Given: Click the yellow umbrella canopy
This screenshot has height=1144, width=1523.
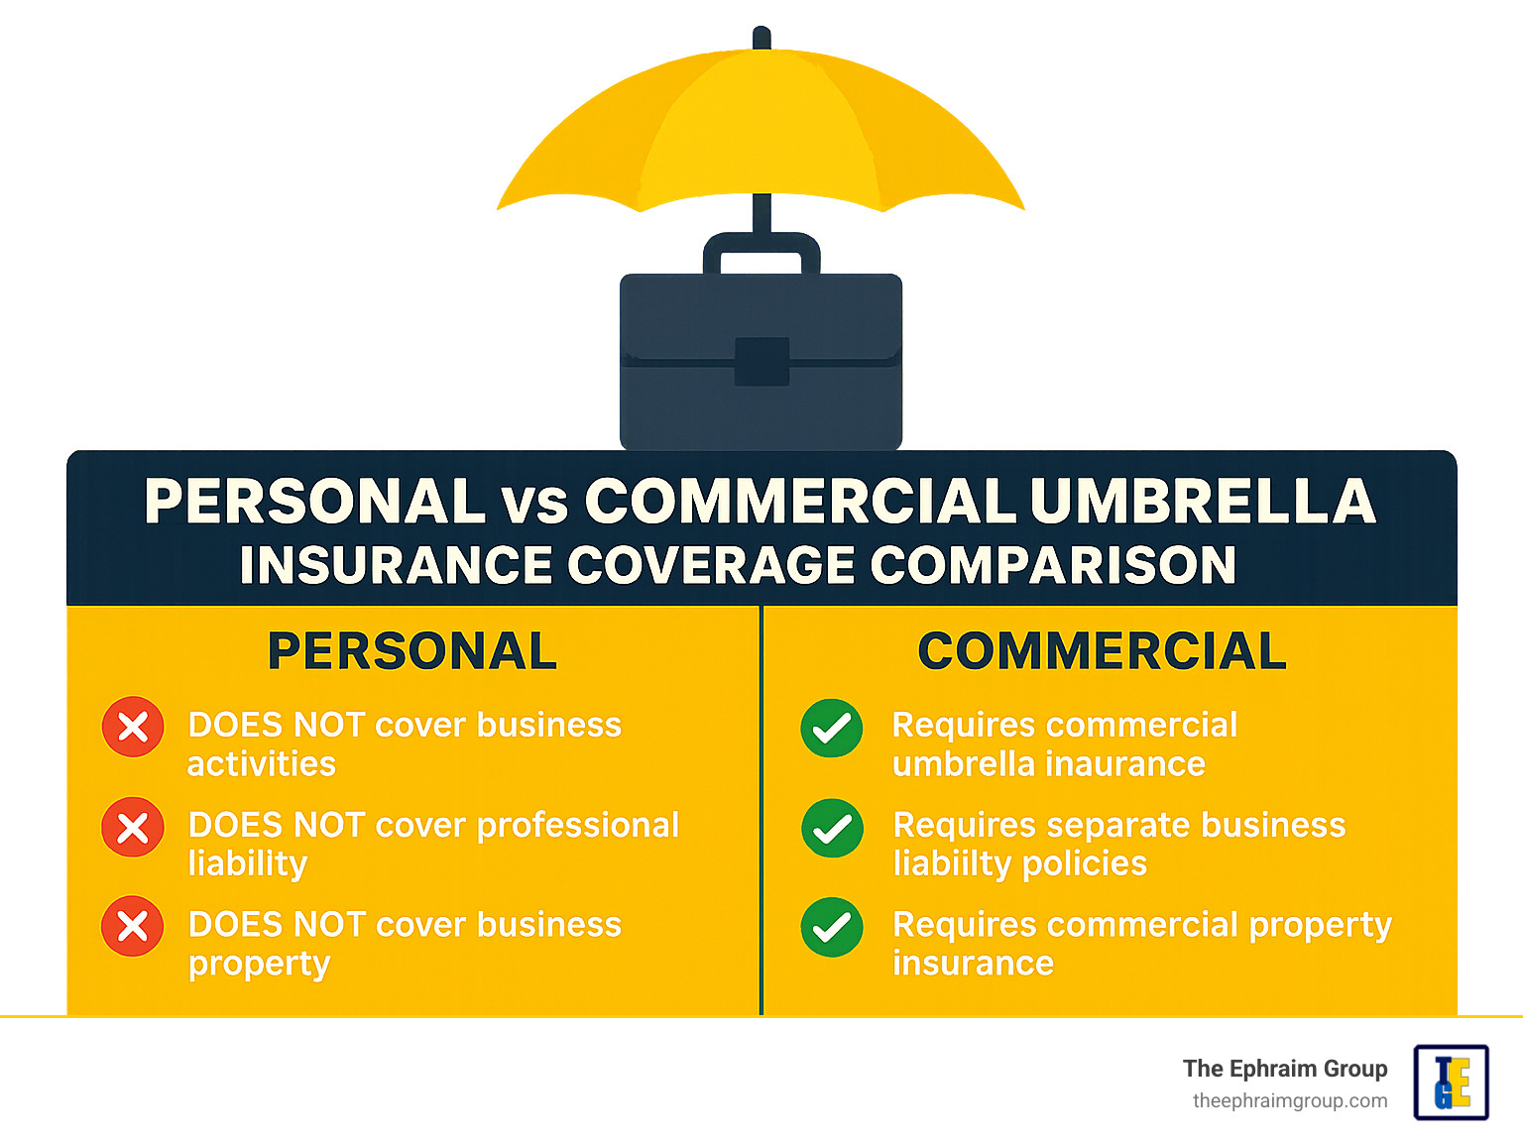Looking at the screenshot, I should (761, 129).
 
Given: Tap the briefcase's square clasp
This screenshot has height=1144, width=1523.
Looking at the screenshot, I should (761, 362).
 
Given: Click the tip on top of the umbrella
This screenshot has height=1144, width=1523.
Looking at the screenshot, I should (761, 38).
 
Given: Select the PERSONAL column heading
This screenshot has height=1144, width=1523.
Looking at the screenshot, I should (412, 651).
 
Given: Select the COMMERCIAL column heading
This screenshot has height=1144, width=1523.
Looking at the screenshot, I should (1102, 651).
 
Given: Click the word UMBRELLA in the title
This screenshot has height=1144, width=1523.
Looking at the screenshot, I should (1203, 502).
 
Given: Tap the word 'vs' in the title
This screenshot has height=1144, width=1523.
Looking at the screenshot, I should (534, 504).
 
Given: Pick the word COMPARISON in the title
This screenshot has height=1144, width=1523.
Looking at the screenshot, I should (1053, 565).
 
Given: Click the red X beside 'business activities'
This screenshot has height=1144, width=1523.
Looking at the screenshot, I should (133, 728).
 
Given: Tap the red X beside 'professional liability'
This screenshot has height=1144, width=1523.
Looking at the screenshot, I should (133, 828).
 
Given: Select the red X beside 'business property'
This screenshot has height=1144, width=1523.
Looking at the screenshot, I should (133, 927).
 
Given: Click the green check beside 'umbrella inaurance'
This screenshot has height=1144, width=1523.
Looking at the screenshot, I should (832, 729).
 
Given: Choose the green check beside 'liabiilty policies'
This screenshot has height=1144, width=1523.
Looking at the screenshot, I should (832, 828).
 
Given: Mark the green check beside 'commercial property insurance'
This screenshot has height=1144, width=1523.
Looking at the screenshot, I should (832, 927).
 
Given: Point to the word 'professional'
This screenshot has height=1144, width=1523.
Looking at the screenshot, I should (578, 825).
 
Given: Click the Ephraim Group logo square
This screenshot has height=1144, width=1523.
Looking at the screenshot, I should (1451, 1083).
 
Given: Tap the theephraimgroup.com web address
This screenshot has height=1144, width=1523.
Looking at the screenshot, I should (1290, 1101).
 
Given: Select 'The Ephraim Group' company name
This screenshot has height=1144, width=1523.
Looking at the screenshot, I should (1285, 1069).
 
